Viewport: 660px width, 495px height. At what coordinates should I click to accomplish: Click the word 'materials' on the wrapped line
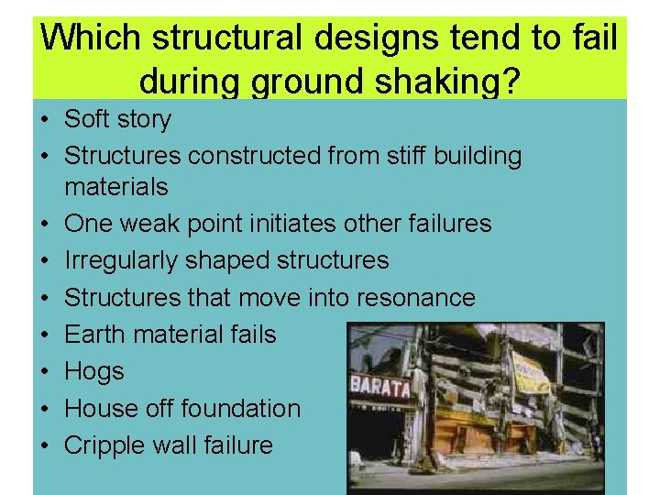[116, 187]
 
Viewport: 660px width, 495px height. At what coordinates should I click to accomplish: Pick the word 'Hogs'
[94, 372]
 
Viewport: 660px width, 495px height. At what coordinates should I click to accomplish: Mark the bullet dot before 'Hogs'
[43, 372]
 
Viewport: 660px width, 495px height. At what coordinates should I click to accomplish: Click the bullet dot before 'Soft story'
[43, 119]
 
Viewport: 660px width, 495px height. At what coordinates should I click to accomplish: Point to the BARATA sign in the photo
[379, 386]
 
